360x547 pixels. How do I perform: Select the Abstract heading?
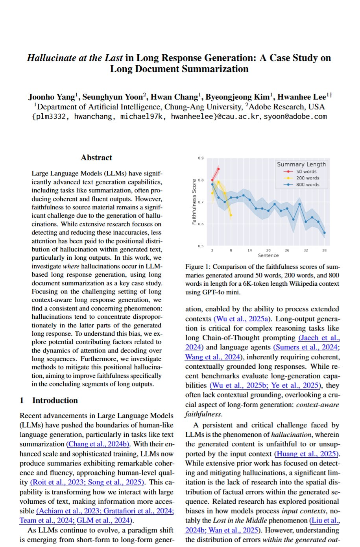click(x=96, y=157)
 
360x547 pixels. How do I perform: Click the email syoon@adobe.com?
click(x=295, y=116)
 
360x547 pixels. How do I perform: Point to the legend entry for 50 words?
click(x=306, y=172)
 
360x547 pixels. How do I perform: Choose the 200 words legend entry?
click(x=308, y=178)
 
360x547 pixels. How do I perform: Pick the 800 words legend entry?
click(x=308, y=185)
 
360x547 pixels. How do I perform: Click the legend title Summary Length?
click(x=301, y=164)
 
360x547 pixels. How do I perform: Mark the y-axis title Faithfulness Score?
click(x=194, y=202)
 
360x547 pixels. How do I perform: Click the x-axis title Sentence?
click(x=268, y=255)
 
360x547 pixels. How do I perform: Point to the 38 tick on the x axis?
click(x=324, y=250)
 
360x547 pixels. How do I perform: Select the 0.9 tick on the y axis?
click(x=201, y=158)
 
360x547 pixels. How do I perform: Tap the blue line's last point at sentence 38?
click(x=324, y=233)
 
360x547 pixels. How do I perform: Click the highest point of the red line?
click(x=218, y=169)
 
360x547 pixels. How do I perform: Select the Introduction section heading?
click(x=55, y=400)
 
